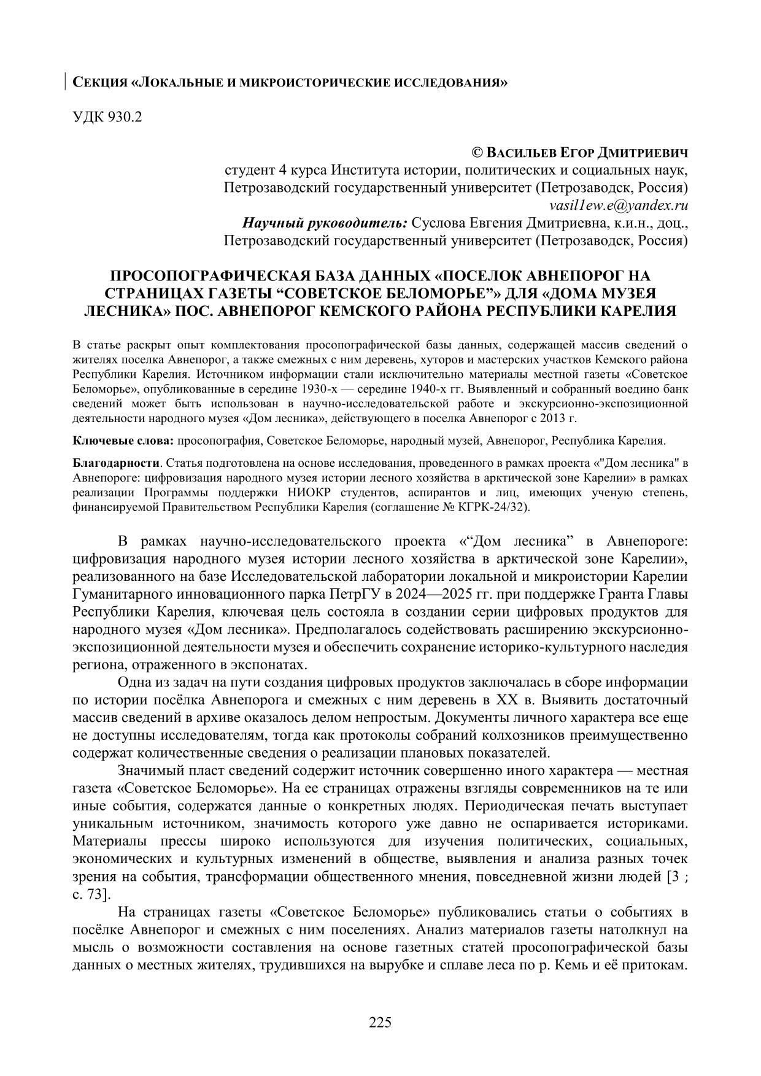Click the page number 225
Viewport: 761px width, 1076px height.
point(380,1022)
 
